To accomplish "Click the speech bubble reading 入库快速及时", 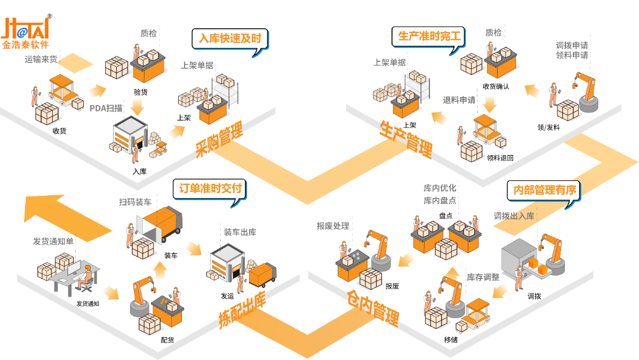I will point(230,39).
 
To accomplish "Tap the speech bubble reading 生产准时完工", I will point(429,36).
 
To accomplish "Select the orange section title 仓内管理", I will point(373,308).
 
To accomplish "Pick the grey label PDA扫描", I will point(106,108).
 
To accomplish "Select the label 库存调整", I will point(483,277).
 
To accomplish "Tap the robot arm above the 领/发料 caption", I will point(587,91).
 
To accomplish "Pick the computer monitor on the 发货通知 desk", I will point(73,269).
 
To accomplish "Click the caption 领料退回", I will point(500,158).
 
